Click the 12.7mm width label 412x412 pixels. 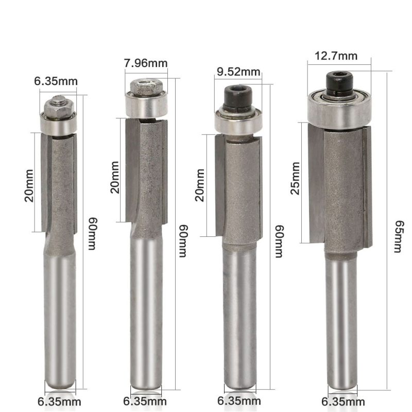point(336,56)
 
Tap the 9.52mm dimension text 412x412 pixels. point(238,72)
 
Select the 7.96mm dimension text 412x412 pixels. point(146,63)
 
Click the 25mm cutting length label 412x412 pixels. point(295,178)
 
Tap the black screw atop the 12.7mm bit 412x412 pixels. point(339,82)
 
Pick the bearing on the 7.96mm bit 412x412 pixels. point(146,105)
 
